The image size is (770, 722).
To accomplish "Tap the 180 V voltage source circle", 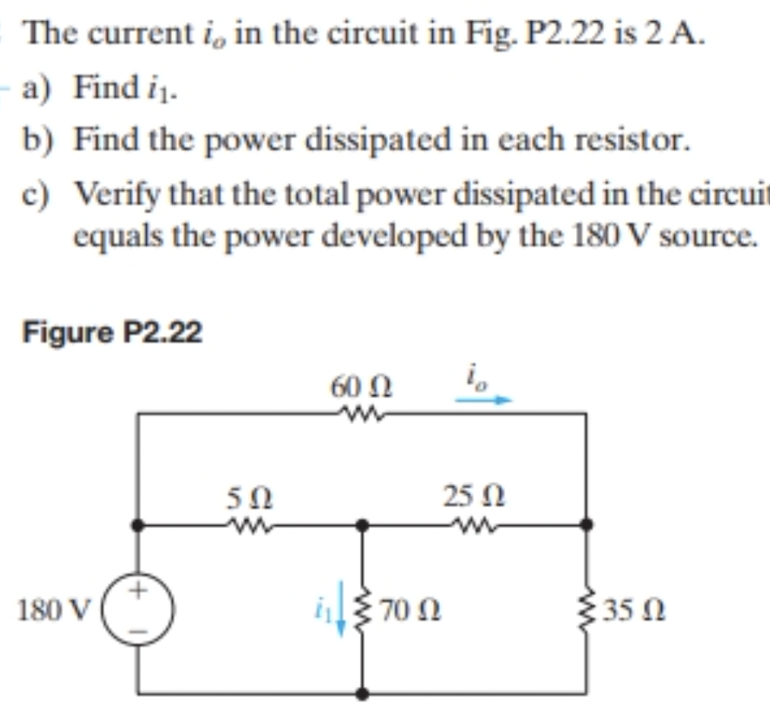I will coord(138,610).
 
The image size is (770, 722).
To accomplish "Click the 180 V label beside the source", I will coord(52,610).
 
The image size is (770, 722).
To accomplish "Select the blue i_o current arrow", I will coord(484,398).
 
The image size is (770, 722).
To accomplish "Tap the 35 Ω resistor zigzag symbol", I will coord(586,609).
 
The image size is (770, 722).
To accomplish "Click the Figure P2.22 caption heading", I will coord(113,332).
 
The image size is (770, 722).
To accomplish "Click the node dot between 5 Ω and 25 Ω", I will coord(363,524).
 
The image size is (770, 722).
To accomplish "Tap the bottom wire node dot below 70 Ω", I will coord(363,693).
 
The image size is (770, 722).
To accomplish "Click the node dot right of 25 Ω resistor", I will coord(586,524).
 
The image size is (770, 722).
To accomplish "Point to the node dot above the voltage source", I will coord(138,524).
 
